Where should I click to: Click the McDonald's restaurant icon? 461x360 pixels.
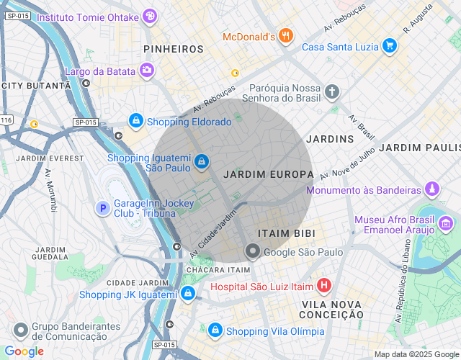click(x=286, y=36)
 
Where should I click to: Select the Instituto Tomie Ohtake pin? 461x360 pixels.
click(x=149, y=17)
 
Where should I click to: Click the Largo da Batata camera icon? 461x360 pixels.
click(x=147, y=71)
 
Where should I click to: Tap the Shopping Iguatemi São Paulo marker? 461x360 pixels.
click(x=202, y=161)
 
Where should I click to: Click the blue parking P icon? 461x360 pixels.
click(x=103, y=208)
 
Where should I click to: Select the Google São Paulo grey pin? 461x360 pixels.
click(x=252, y=251)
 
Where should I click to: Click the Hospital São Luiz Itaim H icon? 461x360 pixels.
click(x=323, y=286)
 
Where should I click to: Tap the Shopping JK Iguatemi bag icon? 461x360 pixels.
click(x=188, y=294)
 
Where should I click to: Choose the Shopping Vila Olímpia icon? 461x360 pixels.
click(x=215, y=330)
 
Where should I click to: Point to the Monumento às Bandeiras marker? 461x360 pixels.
click(x=431, y=190)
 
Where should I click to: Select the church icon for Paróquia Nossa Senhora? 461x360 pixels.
click(x=331, y=91)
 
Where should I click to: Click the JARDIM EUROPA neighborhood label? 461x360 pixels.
click(x=269, y=174)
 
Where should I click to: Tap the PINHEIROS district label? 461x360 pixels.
click(x=174, y=49)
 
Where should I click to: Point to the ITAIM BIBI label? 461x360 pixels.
click(x=287, y=233)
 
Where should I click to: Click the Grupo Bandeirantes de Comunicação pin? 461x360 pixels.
click(x=20, y=330)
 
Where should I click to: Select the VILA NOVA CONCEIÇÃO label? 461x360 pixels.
click(x=331, y=309)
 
